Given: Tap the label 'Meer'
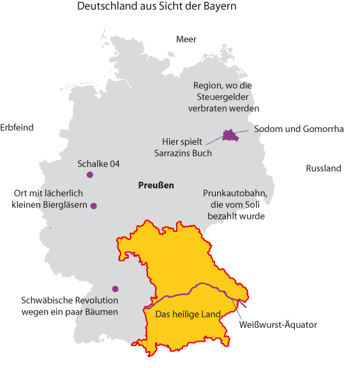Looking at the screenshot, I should [186, 40].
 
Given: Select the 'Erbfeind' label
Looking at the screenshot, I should [17, 128].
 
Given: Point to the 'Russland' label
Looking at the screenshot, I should [324, 169].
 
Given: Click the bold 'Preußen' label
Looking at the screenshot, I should [156, 186].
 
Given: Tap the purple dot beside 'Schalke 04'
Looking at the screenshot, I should [90, 175].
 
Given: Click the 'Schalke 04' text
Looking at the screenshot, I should [98, 164].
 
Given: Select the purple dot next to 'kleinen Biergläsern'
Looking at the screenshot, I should [94, 206].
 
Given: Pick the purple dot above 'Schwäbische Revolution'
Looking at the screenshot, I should [115, 288].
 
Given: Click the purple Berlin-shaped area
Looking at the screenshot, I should [229, 135].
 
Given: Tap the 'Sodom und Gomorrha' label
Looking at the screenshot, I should [299, 129].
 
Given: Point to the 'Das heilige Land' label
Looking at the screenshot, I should [188, 314].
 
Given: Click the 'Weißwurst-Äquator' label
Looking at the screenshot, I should [278, 325].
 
